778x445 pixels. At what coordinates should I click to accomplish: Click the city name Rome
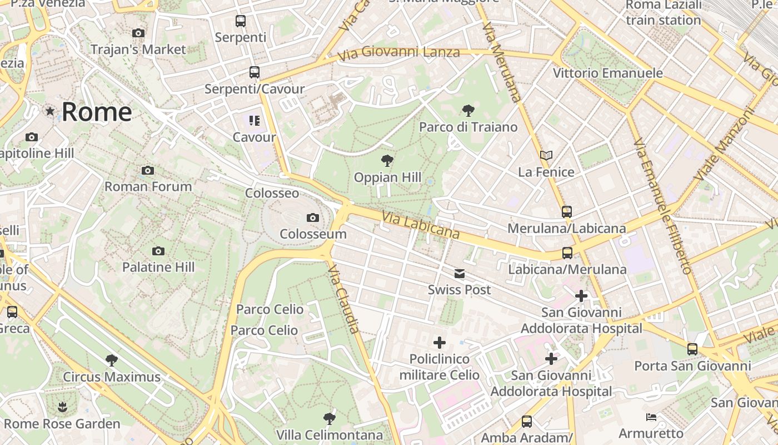(97, 112)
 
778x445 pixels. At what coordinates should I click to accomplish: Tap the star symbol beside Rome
(51, 111)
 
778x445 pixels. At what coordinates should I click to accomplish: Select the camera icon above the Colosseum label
(313, 217)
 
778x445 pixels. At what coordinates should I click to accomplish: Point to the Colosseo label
(272, 193)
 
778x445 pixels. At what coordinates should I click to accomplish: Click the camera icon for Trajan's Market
(138, 33)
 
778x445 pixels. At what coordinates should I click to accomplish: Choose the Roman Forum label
(148, 186)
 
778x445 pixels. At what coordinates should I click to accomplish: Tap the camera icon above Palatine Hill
(158, 251)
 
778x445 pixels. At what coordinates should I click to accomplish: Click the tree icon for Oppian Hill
(387, 161)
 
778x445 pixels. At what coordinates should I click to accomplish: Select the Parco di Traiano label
(468, 127)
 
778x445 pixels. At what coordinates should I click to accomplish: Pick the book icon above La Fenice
(546, 156)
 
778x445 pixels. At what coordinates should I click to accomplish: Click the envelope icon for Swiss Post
(460, 274)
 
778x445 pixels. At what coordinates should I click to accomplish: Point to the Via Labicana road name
(421, 225)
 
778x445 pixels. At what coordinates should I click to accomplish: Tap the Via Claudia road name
(344, 299)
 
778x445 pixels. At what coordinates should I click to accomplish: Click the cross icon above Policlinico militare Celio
(440, 342)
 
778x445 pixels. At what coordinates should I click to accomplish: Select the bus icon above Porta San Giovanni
(692, 349)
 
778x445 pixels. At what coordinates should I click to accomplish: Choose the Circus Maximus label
(112, 377)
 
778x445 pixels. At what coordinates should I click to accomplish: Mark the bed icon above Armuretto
(651, 417)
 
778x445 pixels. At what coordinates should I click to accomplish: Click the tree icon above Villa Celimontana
(330, 418)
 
